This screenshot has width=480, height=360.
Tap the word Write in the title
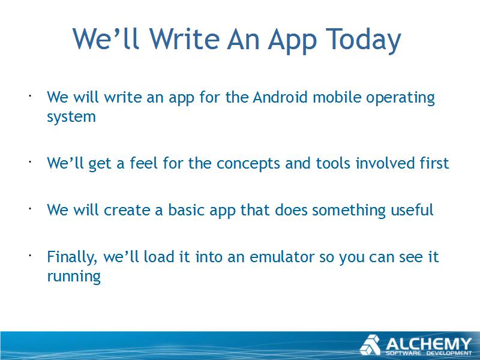pos(184,38)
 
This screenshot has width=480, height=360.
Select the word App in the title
pos(292,41)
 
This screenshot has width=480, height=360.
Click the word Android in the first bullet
pos(280,97)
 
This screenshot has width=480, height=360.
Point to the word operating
pos(400,98)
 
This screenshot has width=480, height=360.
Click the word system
pos(71,117)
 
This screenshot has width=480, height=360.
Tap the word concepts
pos(248,164)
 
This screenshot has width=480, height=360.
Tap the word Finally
pos(72,257)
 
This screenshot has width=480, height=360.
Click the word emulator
pos(282,257)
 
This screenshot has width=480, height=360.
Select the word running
pos(74,277)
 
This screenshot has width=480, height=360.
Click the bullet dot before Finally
pos(31,254)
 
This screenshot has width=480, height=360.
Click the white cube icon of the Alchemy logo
pos(370,345)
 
